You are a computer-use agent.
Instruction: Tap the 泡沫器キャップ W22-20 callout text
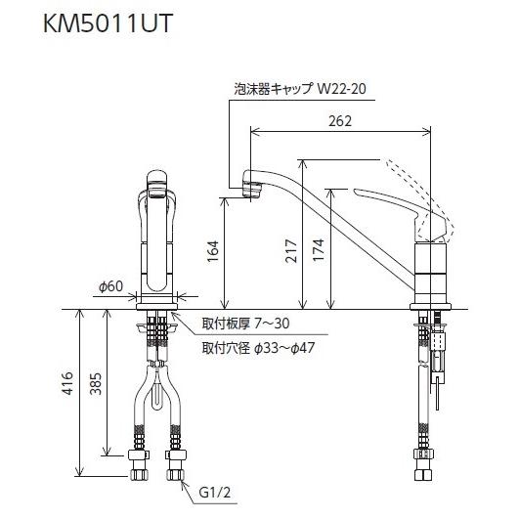click(x=297, y=86)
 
